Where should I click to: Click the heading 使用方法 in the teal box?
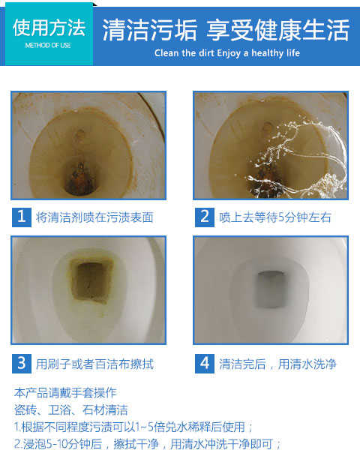tap(49, 28)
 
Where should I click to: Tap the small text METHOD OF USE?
tap(48, 45)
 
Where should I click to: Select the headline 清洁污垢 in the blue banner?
tap(150, 30)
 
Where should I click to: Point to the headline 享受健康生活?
tap(278, 30)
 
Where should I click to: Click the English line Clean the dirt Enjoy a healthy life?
tap(227, 53)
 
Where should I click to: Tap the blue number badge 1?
tap(22, 217)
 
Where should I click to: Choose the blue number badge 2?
tap(205, 217)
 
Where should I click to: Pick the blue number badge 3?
tap(22, 364)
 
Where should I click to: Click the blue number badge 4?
tap(205, 364)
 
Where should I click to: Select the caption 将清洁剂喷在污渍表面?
tap(94, 217)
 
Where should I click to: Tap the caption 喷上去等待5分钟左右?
tap(275, 217)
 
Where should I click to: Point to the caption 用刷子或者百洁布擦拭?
tap(94, 364)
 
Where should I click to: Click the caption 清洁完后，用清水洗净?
tap(277, 364)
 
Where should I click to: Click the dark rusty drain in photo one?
tap(80, 178)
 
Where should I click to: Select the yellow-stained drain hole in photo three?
tap(91, 281)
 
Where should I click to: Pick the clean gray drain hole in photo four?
tap(271, 289)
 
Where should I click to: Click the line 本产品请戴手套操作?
tap(65, 392)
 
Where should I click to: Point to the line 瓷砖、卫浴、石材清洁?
tap(71, 409)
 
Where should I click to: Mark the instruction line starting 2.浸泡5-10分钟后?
tap(148, 444)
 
